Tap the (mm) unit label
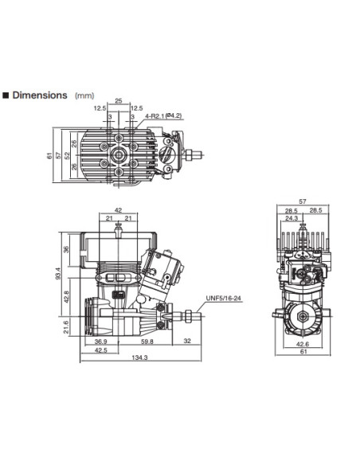click(x=84, y=96)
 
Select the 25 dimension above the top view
click(x=118, y=101)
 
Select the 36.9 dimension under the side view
click(x=90, y=342)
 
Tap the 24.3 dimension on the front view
click(x=292, y=217)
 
